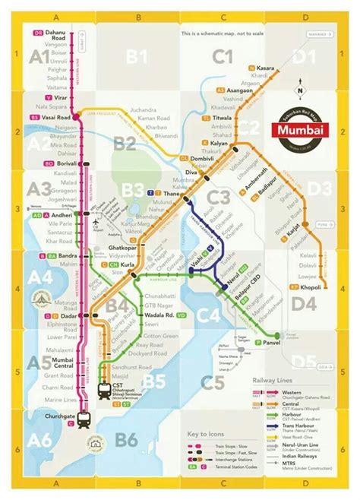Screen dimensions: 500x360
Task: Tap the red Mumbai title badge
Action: (x=300, y=129)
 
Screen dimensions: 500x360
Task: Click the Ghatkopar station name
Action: (x=122, y=248)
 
